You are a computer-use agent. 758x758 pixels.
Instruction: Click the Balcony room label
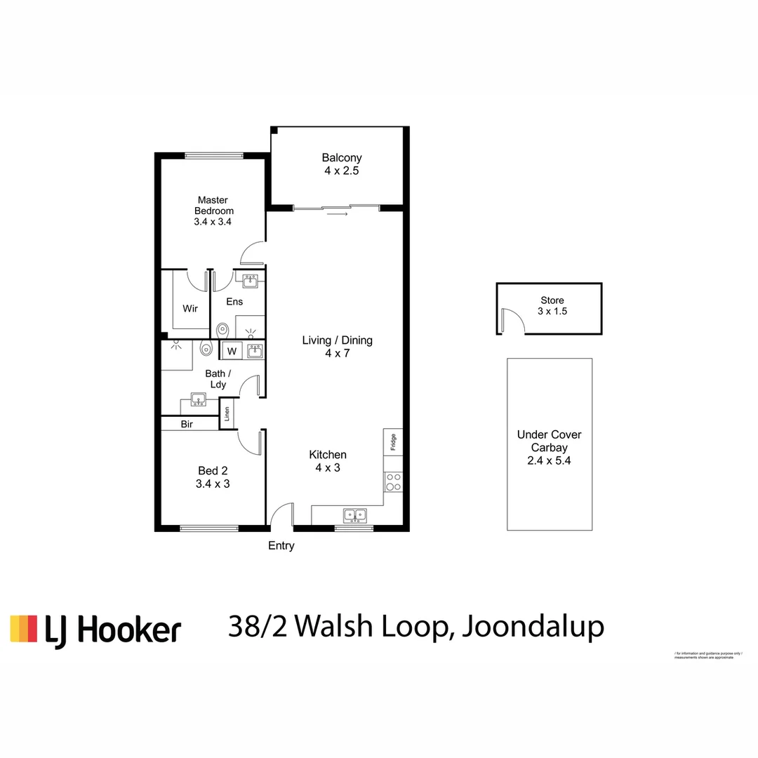[x=341, y=158]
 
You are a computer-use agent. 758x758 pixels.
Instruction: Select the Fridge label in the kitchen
[x=393, y=442]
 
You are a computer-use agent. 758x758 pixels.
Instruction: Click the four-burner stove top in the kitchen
[x=393, y=481]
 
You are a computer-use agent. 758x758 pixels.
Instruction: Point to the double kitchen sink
[x=354, y=515]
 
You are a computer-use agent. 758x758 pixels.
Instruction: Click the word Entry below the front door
[x=281, y=546]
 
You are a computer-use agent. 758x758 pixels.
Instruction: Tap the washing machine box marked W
[x=231, y=350]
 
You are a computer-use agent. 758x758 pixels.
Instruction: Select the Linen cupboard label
[x=227, y=414]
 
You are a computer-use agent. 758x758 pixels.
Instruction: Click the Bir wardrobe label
[x=187, y=425]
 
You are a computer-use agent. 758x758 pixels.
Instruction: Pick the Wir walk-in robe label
[x=189, y=309]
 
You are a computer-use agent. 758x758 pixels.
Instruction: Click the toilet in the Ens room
[x=222, y=328]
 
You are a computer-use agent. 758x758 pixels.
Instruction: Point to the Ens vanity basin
[x=249, y=281]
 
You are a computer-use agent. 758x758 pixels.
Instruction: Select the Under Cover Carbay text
[x=549, y=441]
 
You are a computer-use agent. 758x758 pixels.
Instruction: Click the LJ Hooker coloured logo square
[x=23, y=629]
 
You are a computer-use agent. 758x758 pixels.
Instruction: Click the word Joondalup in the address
[x=533, y=627]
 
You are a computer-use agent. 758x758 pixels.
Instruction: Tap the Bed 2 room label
[x=213, y=471]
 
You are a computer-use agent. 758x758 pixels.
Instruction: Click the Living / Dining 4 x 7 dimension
[x=337, y=354]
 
